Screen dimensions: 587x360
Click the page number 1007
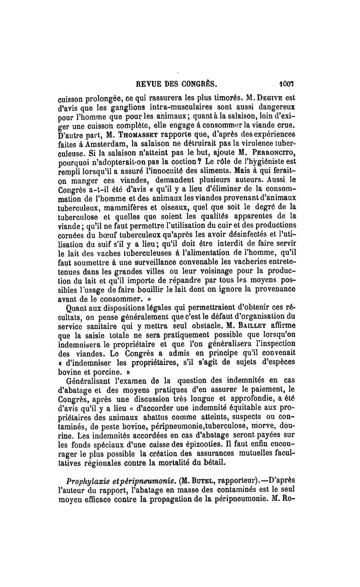pos(286,83)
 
